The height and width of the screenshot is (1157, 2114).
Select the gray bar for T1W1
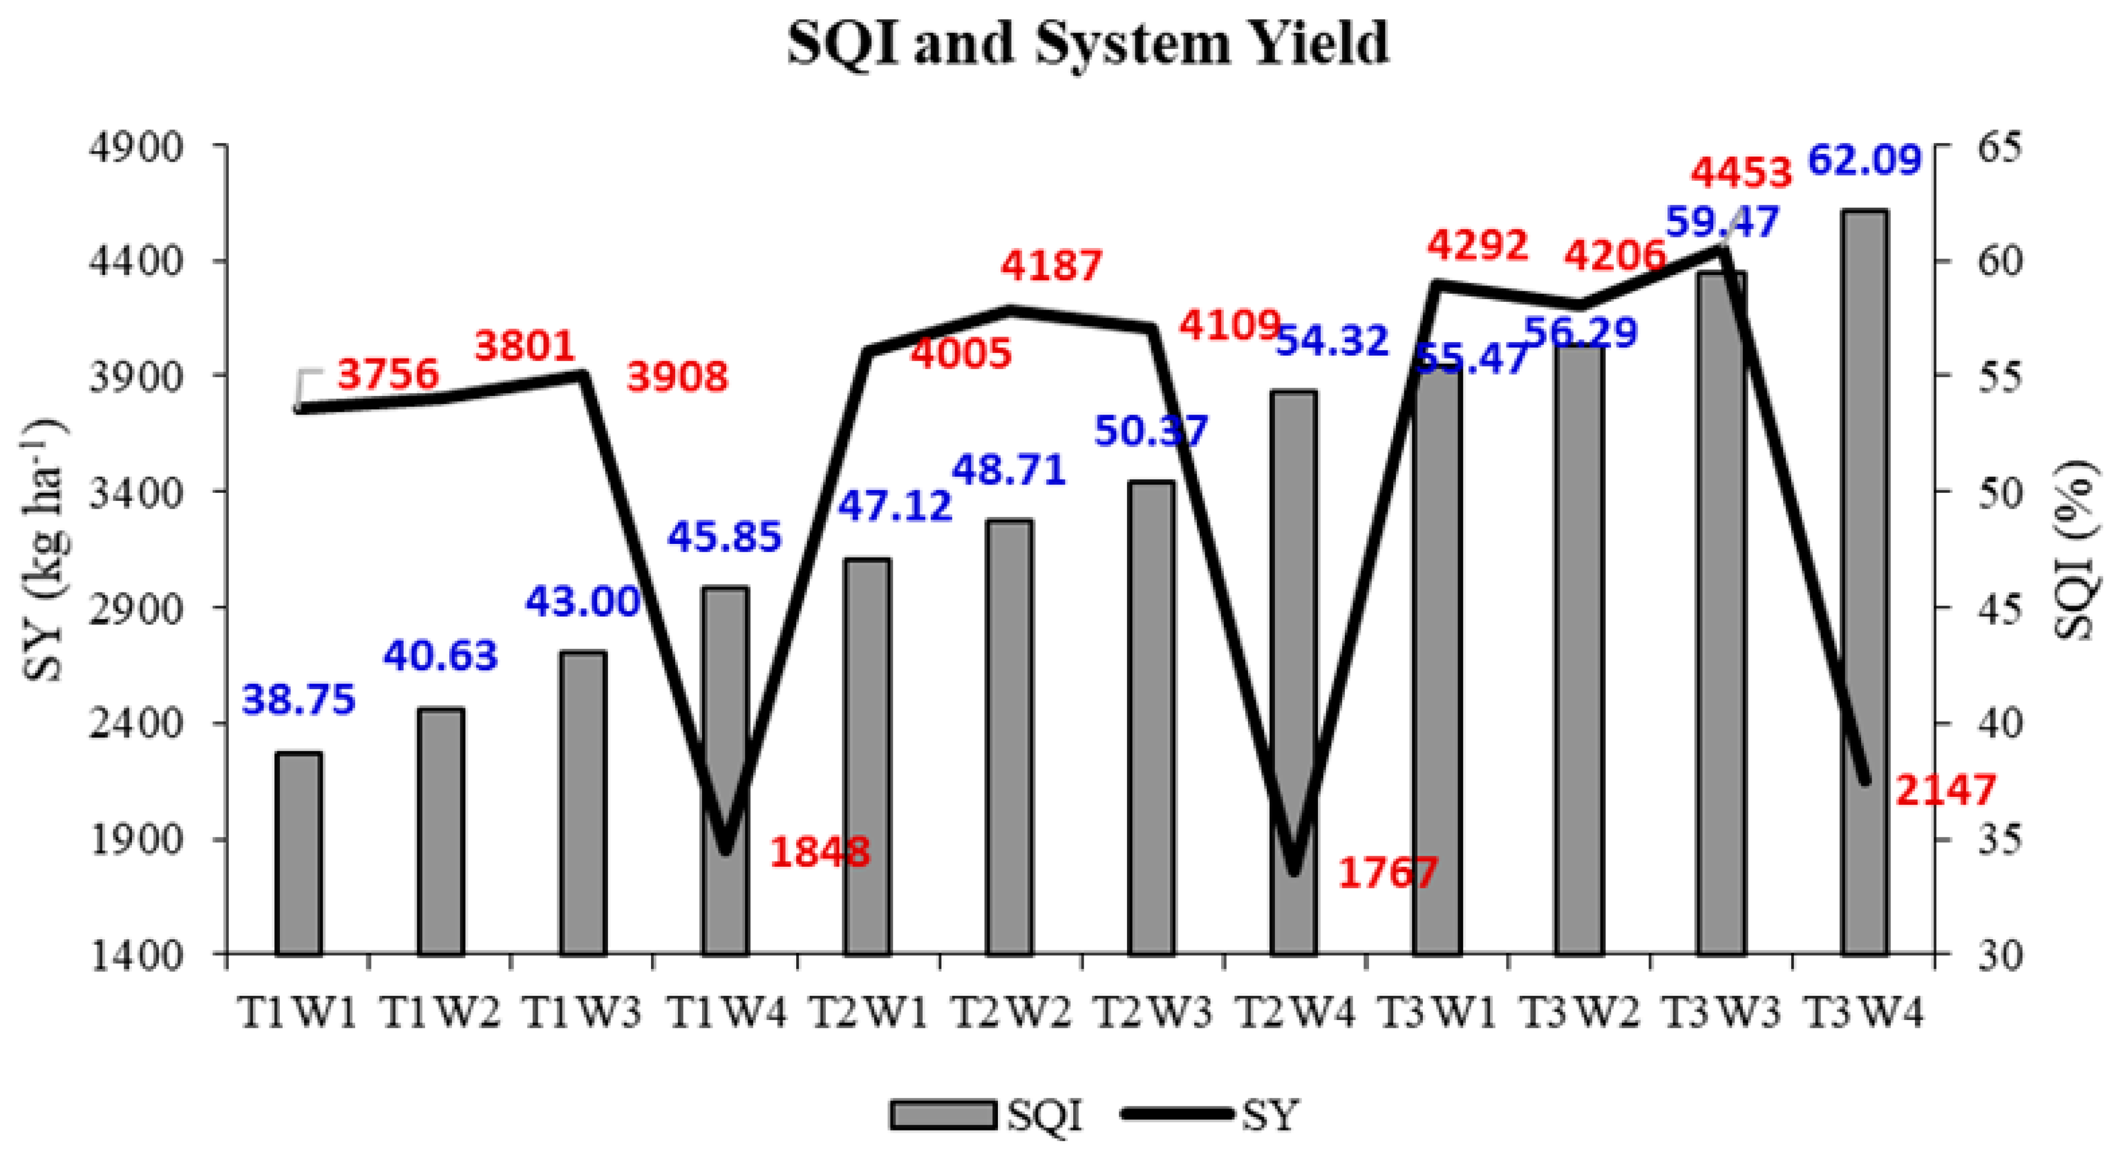(x=298, y=853)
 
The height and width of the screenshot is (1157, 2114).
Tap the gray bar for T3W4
(x=1864, y=582)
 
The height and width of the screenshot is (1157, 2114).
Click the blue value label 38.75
(x=298, y=700)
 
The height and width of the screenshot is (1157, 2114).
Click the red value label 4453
(x=1741, y=173)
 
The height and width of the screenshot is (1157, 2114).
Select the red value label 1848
(x=820, y=852)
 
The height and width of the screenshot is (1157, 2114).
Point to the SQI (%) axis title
(x=2081, y=550)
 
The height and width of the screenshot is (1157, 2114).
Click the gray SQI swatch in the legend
(x=943, y=1114)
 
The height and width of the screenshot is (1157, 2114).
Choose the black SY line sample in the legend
(x=1178, y=1114)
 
